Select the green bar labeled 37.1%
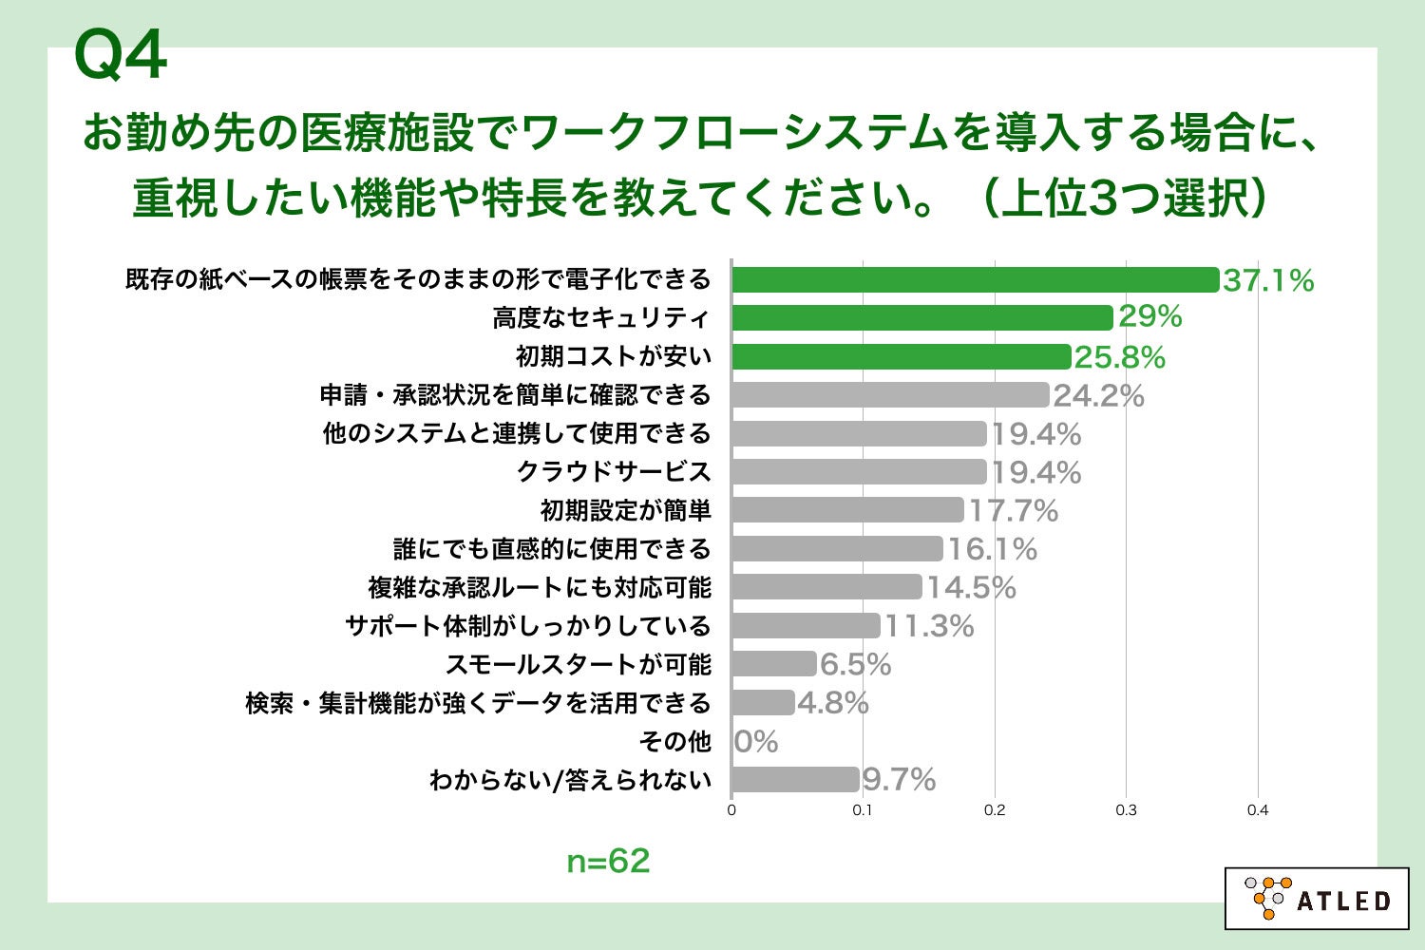[x=975, y=280]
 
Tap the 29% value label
[x=1149, y=316]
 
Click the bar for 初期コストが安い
[x=901, y=356]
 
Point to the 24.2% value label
[x=1098, y=395]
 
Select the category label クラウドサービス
[x=614, y=472]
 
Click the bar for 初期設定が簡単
[x=847, y=510]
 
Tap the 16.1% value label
[x=992, y=549]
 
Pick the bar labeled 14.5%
[x=826, y=587]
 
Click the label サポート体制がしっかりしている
[x=528, y=626]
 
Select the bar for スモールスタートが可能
[x=773, y=664]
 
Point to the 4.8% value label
[x=833, y=703]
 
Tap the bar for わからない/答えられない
[x=795, y=780]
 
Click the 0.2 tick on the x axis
[x=995, y=810]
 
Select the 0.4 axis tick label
[x=1258, y=810]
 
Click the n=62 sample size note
[x=608, y=861]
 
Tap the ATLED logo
[x=1317, y=899]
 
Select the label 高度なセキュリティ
[x=601, y=317]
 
